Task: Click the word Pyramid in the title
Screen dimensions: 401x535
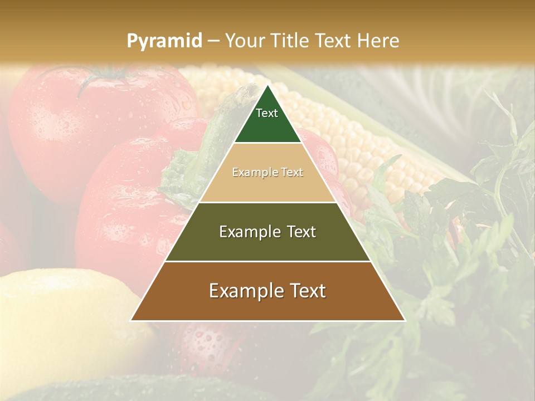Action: (164, 41)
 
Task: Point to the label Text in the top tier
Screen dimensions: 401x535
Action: (267, 113)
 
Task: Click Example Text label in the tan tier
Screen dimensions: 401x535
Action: (267, 172)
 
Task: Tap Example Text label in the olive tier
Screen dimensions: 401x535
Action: (267, 232)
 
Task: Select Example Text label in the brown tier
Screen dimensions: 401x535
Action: (267, 291)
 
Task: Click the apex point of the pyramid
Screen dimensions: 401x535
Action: (267, 86)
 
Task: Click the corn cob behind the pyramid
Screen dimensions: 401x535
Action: (362, 145)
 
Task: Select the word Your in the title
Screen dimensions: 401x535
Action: (245, 41)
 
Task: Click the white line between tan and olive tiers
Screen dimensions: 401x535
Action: (267, 202)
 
